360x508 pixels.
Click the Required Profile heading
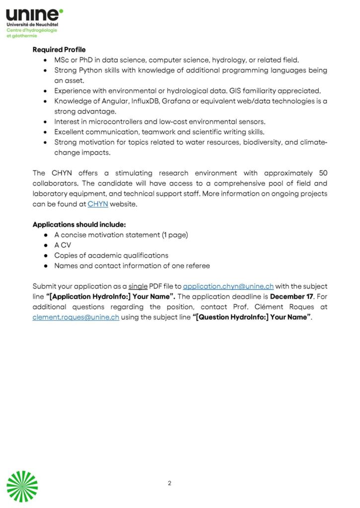59,50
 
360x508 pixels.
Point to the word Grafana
176,102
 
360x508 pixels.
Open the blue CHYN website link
98,204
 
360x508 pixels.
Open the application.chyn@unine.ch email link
228,287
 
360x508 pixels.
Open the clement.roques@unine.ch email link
76,317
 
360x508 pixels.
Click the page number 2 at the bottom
169,483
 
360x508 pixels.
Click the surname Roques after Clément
300,307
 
